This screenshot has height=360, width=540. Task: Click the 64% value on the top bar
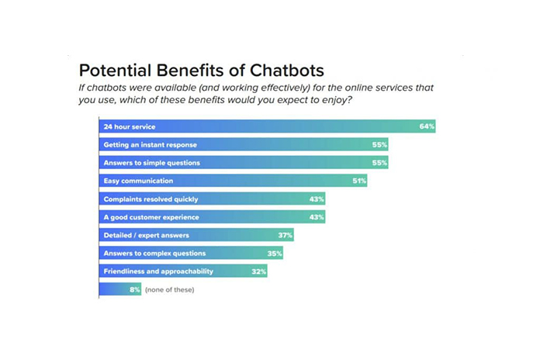point(426,126)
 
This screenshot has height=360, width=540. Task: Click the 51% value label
point(358,181)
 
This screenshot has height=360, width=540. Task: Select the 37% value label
point(286,235)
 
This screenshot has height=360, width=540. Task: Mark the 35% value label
point(275,253)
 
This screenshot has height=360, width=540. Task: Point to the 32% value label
point(258,271)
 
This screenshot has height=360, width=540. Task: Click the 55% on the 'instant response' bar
point(379,144)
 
